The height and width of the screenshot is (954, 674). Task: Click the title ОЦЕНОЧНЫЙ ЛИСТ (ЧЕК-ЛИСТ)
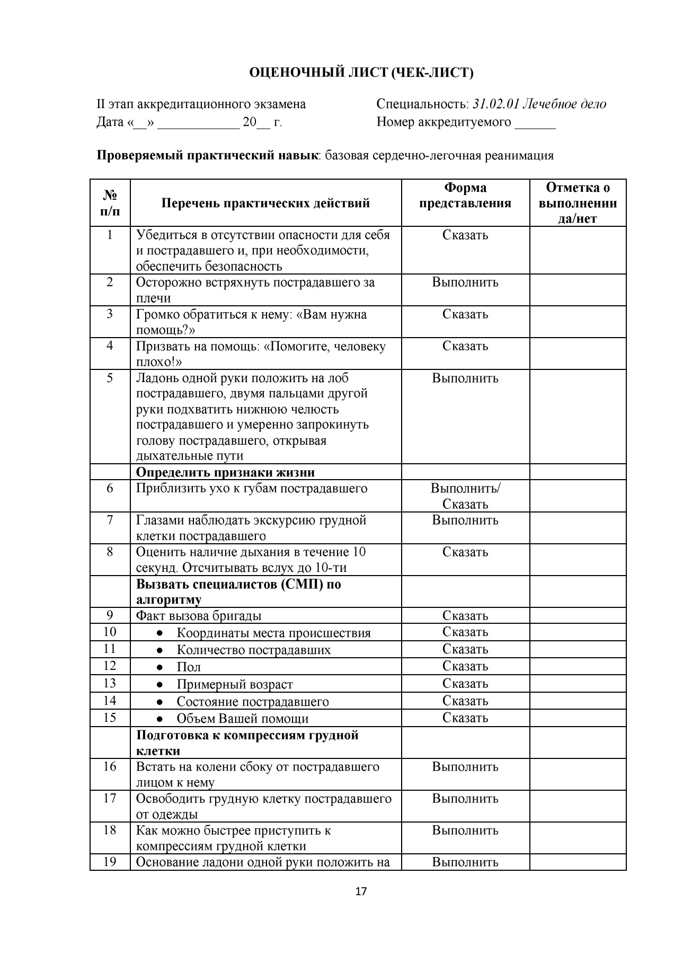tap(361, 73)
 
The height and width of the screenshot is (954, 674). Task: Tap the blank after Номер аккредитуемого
tap(535, 123)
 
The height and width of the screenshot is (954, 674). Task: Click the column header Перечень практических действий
tap(265, 203)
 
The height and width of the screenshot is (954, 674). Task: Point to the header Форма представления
tap(465, 195)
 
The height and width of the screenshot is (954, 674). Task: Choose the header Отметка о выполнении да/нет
tap(578, 203)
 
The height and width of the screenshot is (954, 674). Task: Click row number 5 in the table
tap(110, 378)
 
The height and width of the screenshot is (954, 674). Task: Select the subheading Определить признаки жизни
tap(225, 472)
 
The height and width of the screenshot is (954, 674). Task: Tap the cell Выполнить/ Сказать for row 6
tap(465, 496)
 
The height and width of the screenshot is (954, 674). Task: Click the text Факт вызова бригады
tap(199, 616)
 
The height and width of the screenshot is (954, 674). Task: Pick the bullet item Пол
tap(189, 667)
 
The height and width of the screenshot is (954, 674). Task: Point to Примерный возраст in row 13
tap(234, 685)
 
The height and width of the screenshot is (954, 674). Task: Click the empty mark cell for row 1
tap(578, 250)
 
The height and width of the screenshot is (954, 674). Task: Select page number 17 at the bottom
tap(360, 891)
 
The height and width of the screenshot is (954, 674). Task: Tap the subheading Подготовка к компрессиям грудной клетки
tap(247, 743)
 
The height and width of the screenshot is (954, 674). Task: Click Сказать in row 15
tap(465, 718)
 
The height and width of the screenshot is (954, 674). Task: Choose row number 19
tap(110, 862)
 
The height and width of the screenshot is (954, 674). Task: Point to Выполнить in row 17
tap(465, 799)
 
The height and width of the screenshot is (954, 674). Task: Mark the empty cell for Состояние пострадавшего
tap(578, 701)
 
